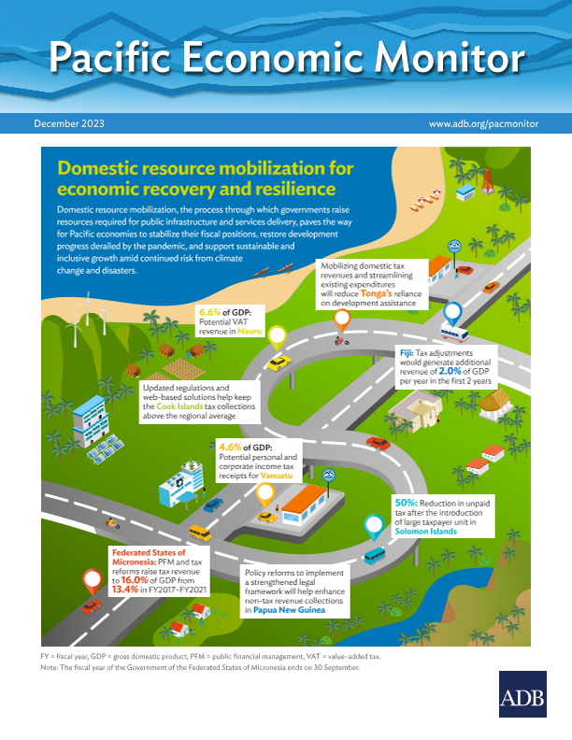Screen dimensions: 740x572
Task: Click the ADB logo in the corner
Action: (522, 695)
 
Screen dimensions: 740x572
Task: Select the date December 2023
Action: (69, 123)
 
